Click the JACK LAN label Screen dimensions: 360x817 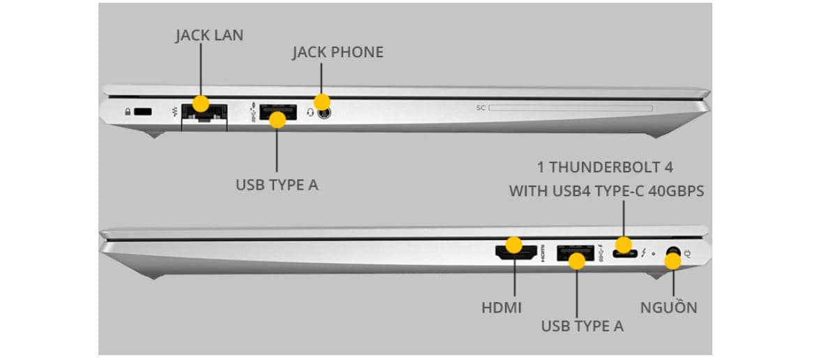209,35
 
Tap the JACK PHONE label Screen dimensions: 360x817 338,52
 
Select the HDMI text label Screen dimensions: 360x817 502,307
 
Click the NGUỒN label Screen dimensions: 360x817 668,308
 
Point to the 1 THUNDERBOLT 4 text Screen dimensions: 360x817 605,167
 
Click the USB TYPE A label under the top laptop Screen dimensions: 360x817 277,186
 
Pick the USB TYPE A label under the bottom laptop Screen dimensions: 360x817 582,326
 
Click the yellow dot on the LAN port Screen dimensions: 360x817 201,104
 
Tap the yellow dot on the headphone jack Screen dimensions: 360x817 322,101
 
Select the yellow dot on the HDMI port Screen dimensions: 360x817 514,245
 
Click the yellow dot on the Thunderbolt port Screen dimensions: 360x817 623,245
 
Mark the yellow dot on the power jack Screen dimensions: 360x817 673,262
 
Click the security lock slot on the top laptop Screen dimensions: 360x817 143,112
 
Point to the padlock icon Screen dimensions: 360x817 128,112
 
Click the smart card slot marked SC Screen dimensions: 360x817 571,108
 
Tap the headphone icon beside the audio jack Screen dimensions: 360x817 310,112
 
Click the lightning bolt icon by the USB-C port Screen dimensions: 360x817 643,253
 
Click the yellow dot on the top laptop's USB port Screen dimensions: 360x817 278,120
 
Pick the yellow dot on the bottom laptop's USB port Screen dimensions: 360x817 576,261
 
